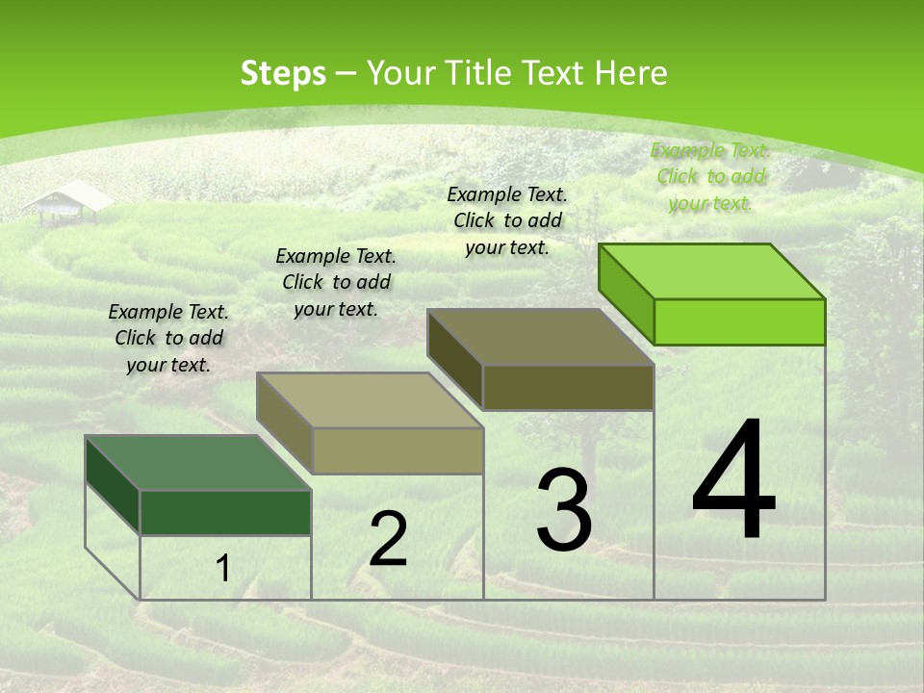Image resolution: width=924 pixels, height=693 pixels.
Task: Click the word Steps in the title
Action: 283,73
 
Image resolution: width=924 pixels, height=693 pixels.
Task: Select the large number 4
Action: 733,480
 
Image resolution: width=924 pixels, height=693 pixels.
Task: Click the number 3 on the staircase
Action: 564,509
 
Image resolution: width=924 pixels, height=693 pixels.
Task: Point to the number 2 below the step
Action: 388,540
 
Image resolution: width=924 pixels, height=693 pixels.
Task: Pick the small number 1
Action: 222,569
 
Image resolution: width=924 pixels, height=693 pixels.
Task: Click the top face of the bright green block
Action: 712,271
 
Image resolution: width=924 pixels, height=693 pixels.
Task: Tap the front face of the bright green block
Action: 739,321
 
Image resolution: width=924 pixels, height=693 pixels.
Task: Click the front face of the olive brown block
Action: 568,387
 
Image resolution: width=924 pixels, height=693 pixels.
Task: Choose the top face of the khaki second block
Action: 370,400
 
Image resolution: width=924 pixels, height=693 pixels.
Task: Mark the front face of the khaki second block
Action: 398,450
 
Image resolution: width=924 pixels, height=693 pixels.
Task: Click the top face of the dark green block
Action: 198,463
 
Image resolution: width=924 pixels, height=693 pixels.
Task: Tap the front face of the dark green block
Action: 225,512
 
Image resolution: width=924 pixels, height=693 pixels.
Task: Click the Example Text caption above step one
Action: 168,338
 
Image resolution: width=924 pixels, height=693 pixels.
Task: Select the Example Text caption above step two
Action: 336,282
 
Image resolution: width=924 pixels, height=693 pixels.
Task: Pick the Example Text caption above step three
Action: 507,220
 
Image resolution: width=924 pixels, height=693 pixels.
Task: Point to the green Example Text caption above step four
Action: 710,176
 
